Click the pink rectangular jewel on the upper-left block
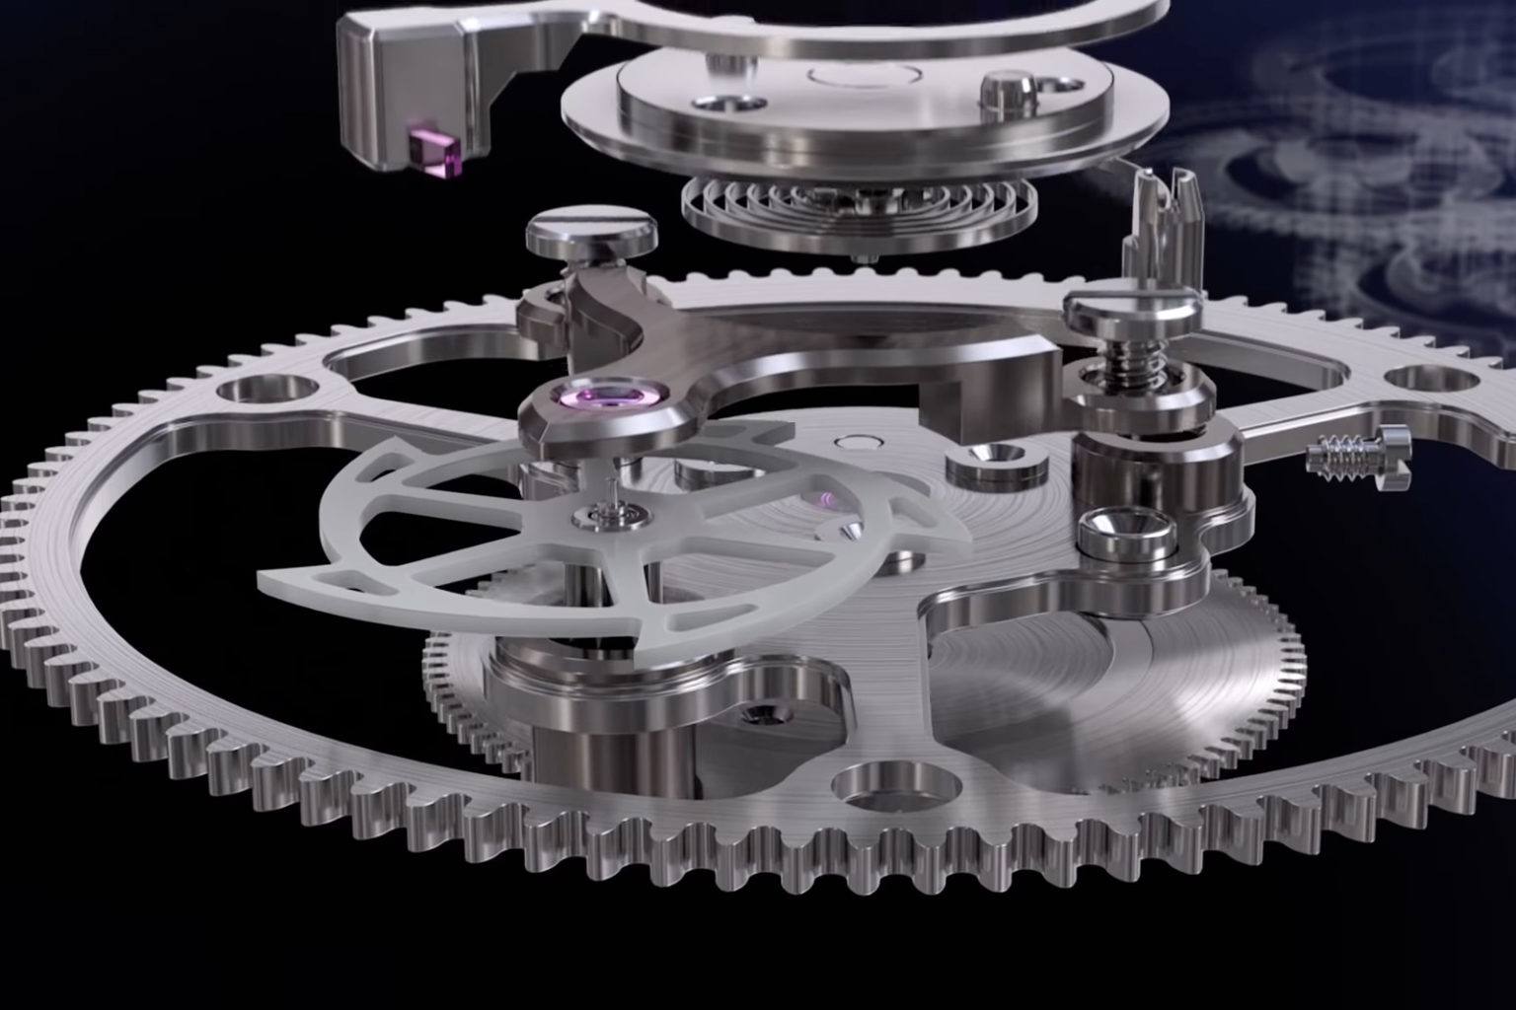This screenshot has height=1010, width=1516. coord(435,159)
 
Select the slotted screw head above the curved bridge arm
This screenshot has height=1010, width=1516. coord(590,233)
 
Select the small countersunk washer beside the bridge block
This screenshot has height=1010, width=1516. coord(983,460)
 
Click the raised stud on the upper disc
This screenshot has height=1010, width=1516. coord(1005,95)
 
